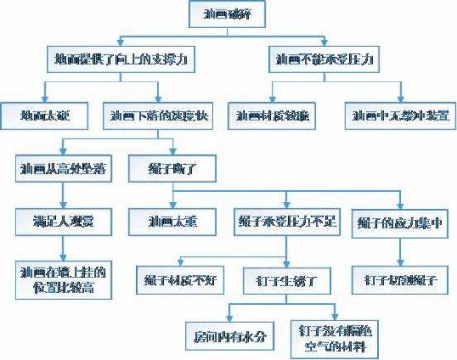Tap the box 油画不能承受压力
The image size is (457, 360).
(327, 60)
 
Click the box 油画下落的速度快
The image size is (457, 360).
(155, 115)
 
